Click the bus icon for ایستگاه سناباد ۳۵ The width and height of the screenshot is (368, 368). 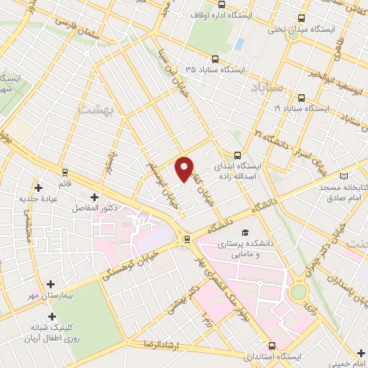pos(214,60)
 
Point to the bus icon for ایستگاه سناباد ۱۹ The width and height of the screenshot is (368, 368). pos(301,98)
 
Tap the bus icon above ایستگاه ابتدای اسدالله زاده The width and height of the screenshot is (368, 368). pos(238,155)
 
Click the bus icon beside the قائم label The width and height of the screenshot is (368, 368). pos(65,172)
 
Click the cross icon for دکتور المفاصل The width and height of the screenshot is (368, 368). pos(94,197)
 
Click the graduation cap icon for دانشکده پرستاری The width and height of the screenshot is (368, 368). pos(244,233)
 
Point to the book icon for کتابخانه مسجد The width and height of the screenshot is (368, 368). pos(344,176)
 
